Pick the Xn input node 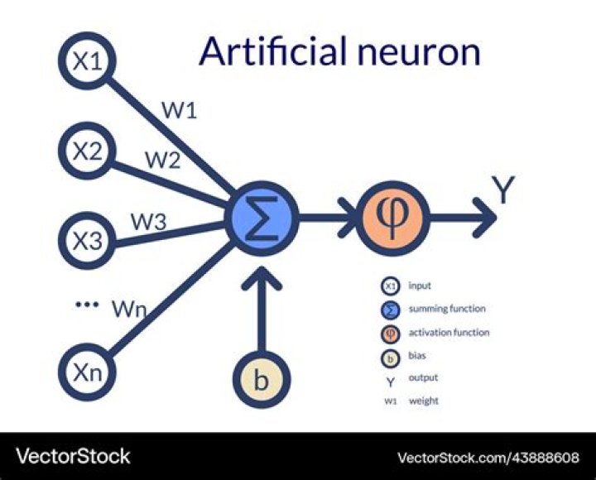[89, 372]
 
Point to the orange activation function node [392, 218]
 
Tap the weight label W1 [180, 110]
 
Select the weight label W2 [163, 160]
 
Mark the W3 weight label [149, 221]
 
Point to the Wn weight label [130, 310]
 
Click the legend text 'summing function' [447, 310]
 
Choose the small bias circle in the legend [390, 357]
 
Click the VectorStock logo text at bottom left [74, 456]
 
